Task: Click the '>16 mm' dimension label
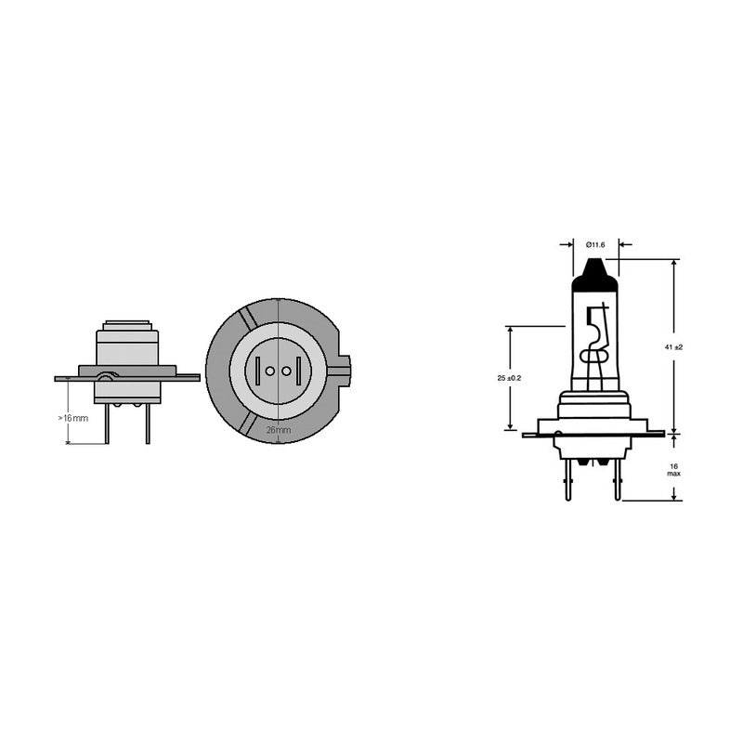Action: click(x=73, y=418)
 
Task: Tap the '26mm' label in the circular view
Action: click(x=279, y=430)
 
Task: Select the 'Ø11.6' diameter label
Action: click(x=595, y=244)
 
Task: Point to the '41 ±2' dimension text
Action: click(x=674, y=346)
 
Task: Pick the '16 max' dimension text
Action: click(x=674, y=469)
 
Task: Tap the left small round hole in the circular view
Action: click(x=270, y=371)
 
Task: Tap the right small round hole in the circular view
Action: click(x=286, y=371)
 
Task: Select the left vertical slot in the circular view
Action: click(x=255, y=371)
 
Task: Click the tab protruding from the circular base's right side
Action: click(x=344, y=371)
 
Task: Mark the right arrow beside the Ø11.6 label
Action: click(x=624, y=245)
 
